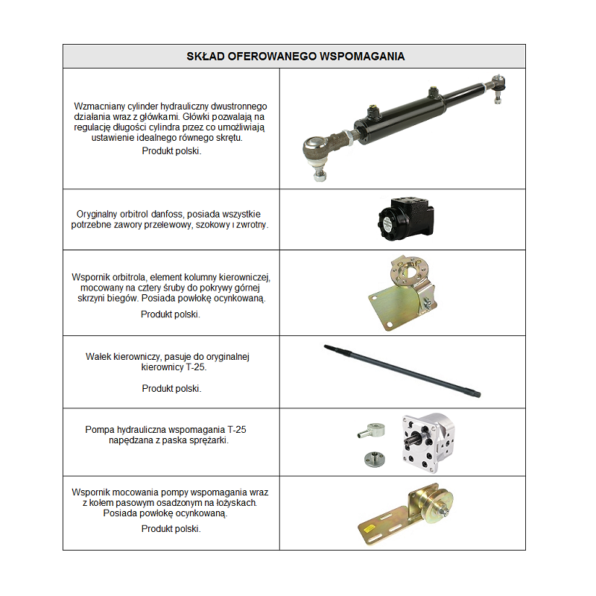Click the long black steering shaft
[x=402, y=370]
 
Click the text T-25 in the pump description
[x=234, y=430]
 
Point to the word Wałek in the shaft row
[x=99, y=357]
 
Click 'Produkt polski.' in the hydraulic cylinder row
[x=171, y=150]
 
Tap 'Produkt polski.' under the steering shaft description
[x=171, y=388]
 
